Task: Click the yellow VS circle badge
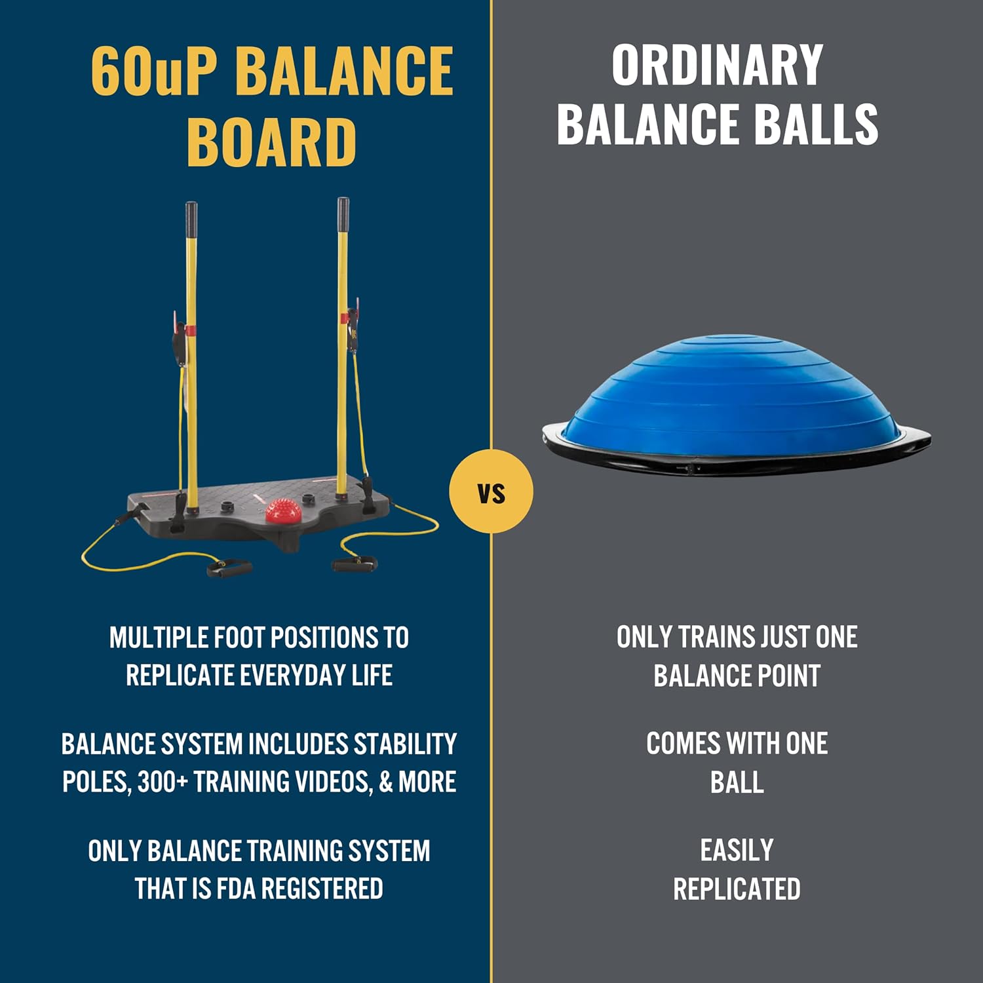click(x=491, y=491)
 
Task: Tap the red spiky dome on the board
click(x=283, y=511)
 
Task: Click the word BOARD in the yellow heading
click(x=272, y=142)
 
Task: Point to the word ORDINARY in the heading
click(x=717, y=65)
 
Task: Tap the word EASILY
click(x=737, y=851)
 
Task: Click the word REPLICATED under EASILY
click(x=737, y=889)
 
